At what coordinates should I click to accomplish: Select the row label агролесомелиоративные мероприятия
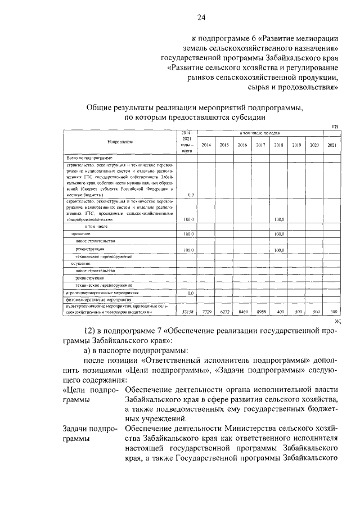[99, 293]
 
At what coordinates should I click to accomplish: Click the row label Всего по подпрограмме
[90, 159]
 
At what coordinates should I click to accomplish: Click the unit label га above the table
[335, 126]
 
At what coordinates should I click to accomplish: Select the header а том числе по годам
[260, 133]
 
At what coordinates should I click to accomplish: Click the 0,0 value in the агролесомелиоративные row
[190, 293]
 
